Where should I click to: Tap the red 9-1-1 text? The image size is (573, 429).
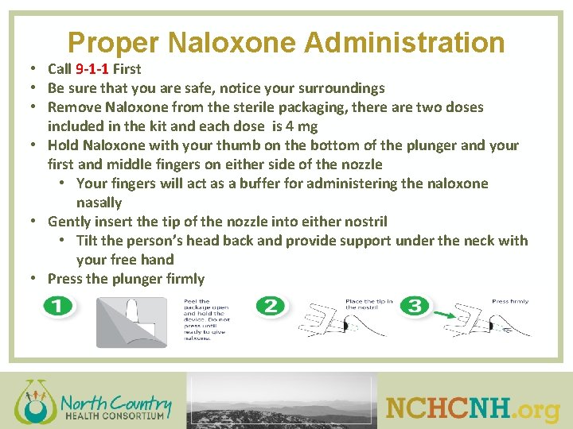point(96,69)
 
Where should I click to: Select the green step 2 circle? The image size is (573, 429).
point(271,306)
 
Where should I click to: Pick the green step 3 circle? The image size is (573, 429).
point(417,306)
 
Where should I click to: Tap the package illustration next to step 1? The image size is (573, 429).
point(131,322)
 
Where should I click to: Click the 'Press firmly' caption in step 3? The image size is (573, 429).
point(510,302)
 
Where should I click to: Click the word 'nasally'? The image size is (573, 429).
point(99,203)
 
